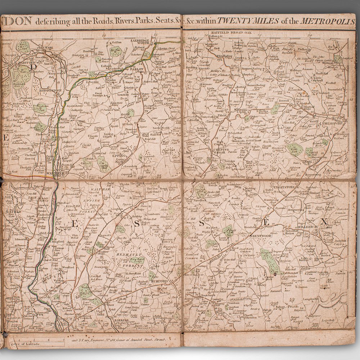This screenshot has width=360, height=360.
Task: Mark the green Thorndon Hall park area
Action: (270, 261)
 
